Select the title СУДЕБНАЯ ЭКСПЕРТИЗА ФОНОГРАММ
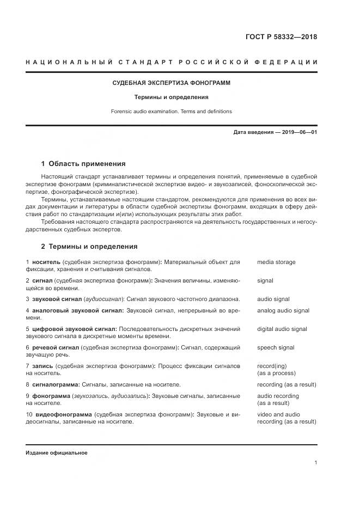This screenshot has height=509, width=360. click(171, 83)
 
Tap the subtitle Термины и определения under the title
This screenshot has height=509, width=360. click(172, 97)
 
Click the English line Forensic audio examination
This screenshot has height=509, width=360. click(172, 112)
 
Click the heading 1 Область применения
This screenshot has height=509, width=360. click(83, 163)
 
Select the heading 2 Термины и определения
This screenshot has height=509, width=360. click(89, 246)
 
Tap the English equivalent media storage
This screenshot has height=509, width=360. click(276, 262)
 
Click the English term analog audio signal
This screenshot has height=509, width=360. click(283, 311)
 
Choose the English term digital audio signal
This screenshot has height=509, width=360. click(282, 329)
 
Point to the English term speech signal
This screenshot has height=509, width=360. click(276, 348)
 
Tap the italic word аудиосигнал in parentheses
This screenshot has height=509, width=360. click(104, 299)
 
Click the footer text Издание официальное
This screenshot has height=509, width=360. click(56, 453)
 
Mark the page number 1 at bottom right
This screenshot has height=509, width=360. click(316, 463)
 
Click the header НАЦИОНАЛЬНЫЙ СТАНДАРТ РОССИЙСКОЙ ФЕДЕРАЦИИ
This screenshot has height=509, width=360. click(171, 63)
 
